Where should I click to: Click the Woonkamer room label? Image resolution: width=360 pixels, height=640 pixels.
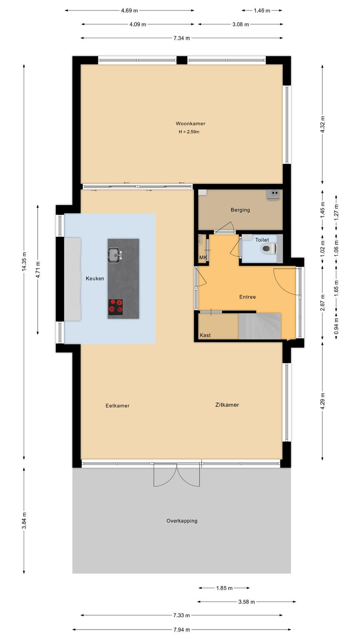190,124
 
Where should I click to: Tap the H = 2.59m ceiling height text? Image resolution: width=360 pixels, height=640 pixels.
189,132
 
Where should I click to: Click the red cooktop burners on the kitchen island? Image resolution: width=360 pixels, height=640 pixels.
116,307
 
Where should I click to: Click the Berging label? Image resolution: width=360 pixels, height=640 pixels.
240,210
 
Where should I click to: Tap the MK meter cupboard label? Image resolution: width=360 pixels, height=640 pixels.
203,258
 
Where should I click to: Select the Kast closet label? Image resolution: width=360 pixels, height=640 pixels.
205,335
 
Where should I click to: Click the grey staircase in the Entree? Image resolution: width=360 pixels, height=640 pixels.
260,326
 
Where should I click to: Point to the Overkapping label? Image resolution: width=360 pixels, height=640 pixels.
182,520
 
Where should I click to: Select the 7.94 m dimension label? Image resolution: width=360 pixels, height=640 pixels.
182,630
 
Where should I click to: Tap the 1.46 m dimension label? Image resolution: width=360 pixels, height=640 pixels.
262,10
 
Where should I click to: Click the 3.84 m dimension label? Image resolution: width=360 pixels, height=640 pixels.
24,520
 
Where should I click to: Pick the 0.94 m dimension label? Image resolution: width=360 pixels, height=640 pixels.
336,326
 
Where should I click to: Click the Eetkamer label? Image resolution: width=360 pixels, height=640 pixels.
118,406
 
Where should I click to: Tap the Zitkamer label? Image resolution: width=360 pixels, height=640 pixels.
227,405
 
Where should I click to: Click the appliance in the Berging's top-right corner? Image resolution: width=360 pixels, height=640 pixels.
273,195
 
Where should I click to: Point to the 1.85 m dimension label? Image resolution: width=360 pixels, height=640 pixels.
224,588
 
